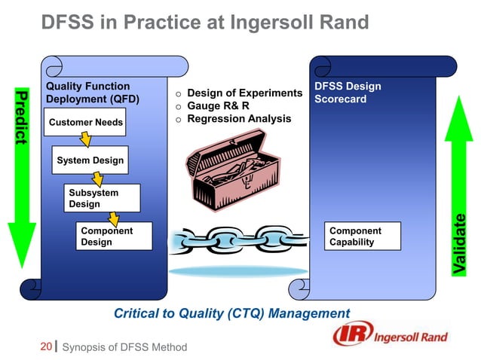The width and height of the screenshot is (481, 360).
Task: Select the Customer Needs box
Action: (x=85, y=122)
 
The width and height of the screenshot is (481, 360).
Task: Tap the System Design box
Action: (x=90, y=160)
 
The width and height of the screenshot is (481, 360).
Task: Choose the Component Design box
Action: (x=112, y=236)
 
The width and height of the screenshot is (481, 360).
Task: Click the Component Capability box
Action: (x=363, y=236)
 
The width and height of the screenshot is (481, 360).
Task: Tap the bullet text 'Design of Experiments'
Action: (x=244, y=93)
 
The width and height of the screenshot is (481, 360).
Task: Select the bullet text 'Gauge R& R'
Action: (x=218, y=106)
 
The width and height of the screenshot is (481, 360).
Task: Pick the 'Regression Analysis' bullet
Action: (x=238, y=119)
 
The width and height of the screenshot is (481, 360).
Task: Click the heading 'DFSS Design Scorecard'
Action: (x=348, y=93)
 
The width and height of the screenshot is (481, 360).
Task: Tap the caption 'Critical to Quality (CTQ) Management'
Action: (x=231, y=313)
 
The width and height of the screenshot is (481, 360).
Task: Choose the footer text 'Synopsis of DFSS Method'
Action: (x=124, y=347)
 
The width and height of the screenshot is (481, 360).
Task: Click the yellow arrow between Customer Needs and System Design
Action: (x=85, y=141)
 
